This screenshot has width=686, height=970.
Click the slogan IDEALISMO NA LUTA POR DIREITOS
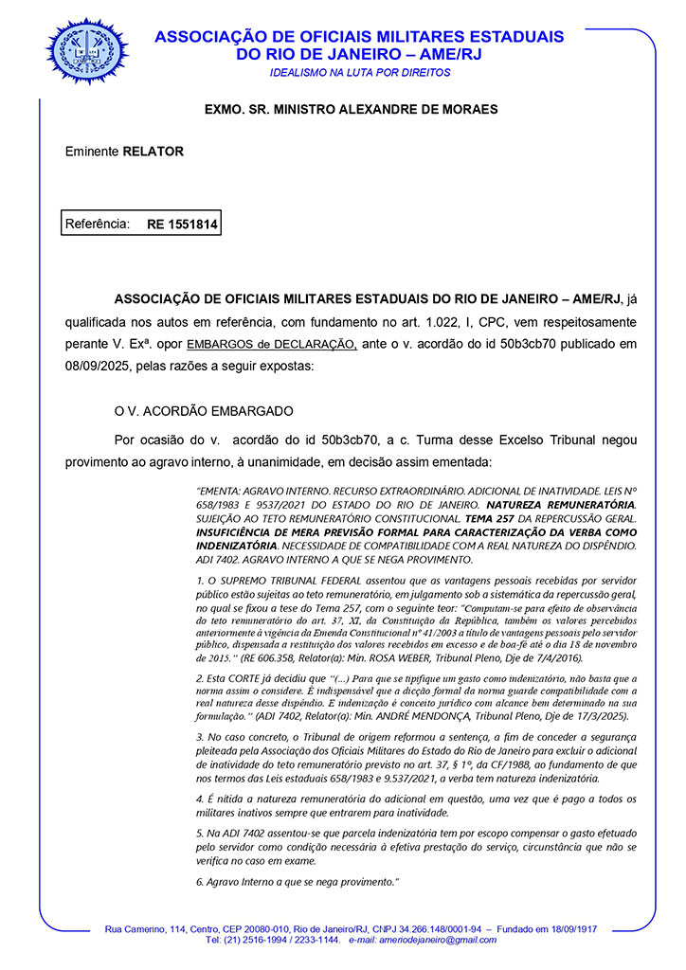click(360, 73)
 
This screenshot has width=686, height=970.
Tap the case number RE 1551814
click(182, 225)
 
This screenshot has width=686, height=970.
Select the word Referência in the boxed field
click(98, 225)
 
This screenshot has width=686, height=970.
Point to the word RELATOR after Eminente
click(153, 152)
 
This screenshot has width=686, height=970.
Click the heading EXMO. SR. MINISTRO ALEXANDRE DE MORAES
click(351, 110)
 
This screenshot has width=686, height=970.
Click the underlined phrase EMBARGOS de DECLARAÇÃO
click(272, 345)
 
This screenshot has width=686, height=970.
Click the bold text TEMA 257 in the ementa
click(491, 520)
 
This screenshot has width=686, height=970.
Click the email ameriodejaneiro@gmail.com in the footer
click(409, 940)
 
